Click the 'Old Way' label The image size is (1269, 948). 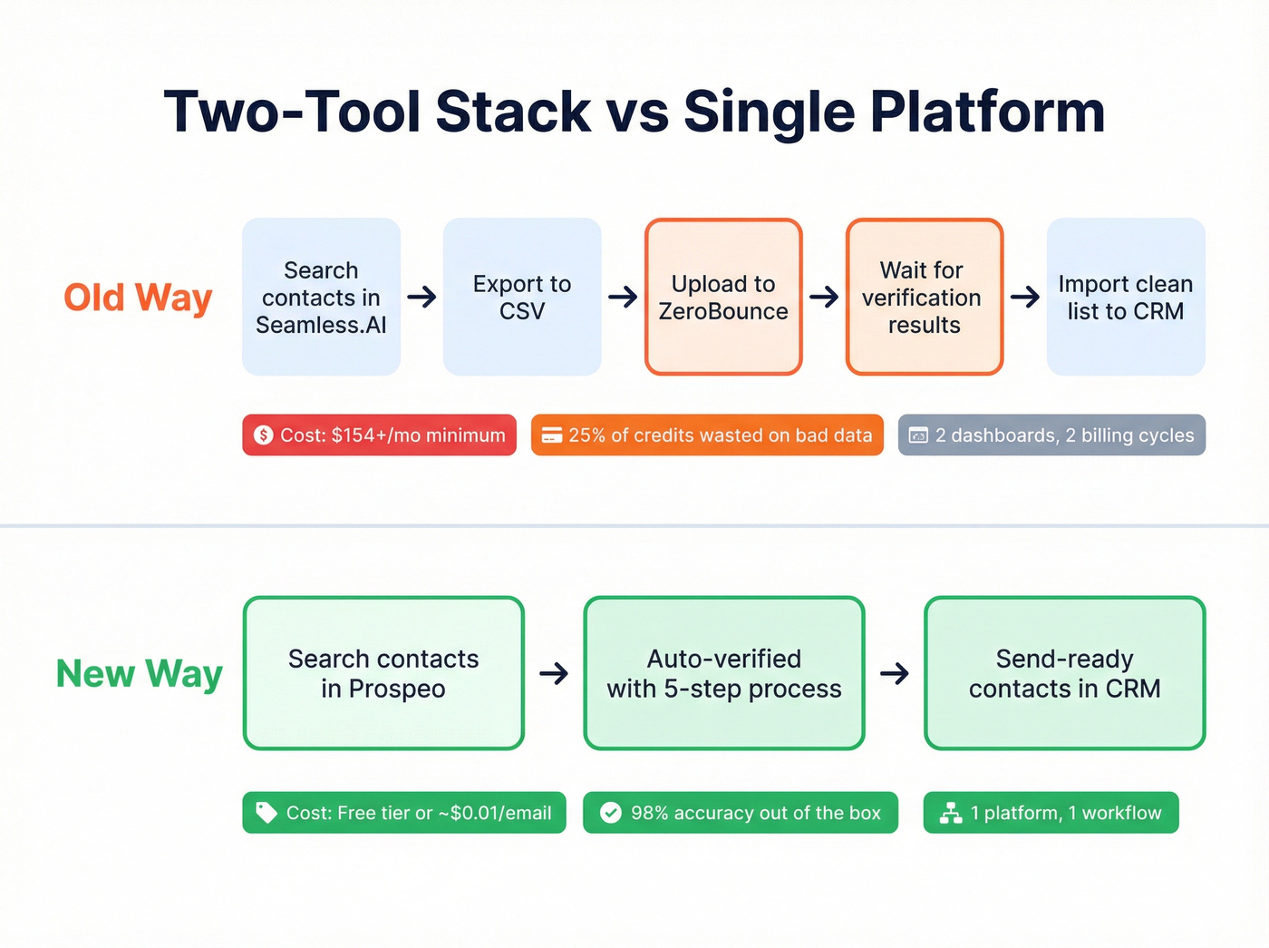point(138,298)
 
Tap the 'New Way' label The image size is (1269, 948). point(139,674)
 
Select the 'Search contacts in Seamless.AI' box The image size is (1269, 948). point(321,297)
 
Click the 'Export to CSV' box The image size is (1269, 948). point(522,297)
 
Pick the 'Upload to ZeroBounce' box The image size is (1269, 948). point(723,297)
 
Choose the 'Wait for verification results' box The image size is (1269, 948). point(924,297)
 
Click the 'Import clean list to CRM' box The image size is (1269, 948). point(1126,297)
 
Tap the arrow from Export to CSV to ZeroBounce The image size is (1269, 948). point(623,297)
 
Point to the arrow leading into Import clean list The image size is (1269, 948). point(1025,297)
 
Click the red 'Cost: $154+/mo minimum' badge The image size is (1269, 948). point(379,435)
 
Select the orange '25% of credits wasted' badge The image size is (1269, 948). point(707,435)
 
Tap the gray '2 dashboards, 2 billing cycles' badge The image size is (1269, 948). point(1051,435)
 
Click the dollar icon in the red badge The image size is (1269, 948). point(264,435)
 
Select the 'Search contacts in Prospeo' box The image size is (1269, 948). point(383,673)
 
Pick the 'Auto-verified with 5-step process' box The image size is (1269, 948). point(724,673)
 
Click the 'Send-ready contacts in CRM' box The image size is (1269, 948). point(1064,673)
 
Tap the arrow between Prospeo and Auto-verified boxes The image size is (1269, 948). point(554,673)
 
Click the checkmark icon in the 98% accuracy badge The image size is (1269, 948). point(611,813)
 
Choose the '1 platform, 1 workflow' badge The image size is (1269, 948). point(1051,813)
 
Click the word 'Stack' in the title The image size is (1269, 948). point(513,112)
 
